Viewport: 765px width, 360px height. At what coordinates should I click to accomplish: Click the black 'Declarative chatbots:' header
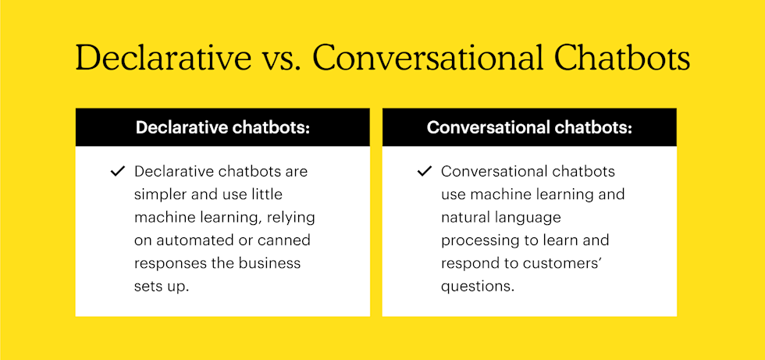[222, 127]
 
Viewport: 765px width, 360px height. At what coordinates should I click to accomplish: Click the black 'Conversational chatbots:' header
[529, 127]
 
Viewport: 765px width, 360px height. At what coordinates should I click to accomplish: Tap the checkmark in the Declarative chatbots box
[118, 171]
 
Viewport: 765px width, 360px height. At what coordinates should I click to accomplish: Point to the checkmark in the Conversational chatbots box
[425, 171]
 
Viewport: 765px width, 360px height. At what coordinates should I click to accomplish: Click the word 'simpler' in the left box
[159, 194]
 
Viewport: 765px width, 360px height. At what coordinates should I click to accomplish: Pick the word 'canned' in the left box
[286, 240]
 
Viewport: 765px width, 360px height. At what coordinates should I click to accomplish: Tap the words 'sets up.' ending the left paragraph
[162, 286]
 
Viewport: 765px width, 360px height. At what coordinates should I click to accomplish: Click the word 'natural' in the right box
[467, 217]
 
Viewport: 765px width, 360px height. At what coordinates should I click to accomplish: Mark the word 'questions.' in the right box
[478, 286]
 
